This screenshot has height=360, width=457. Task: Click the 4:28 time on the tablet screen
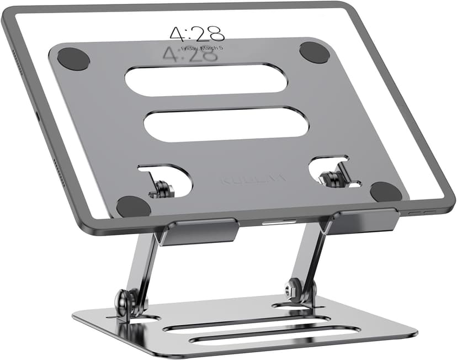(x=197, y=34)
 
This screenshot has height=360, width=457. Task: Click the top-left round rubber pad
(x=73, y=59)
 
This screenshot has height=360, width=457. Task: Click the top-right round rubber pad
(x=315, y=52)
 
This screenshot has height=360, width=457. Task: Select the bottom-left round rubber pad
(x=134, y=206)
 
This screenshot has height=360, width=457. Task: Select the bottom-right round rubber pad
(x=386, y=192)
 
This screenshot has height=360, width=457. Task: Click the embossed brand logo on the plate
(x=253, y=179)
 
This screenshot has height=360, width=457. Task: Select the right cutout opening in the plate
(x=334, y=172)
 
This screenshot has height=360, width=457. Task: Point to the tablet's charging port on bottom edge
(x=274, y=223)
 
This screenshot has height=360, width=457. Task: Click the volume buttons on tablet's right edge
(x=419, y=211)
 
